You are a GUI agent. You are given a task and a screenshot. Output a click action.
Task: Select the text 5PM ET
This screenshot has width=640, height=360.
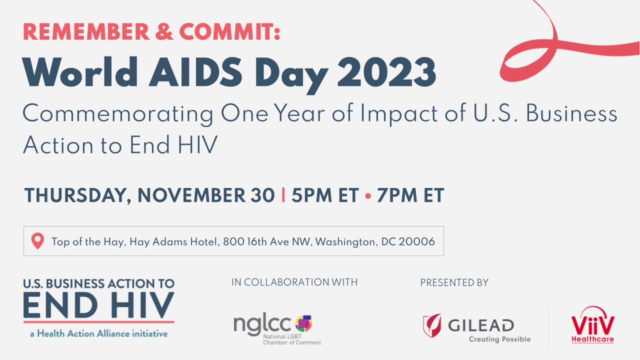coord(325,195)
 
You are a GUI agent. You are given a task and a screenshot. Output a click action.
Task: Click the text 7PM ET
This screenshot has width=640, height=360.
coord(410,195)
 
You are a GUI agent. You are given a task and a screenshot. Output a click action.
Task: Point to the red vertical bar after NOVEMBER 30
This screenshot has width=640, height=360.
coord(283,195)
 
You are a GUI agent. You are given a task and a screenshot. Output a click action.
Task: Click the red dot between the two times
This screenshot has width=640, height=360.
coord(368,196)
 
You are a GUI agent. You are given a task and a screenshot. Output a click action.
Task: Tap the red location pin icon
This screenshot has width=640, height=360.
coord(37,241)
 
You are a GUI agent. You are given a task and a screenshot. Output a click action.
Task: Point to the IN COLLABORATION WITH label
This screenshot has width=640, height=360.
coord(294,282)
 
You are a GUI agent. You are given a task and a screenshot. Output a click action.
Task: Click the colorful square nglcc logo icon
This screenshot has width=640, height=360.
coord(303,323)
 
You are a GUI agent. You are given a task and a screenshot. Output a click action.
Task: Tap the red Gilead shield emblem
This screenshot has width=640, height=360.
coord(432,324)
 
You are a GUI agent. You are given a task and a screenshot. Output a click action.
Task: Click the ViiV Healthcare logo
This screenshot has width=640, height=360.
coord(593,325)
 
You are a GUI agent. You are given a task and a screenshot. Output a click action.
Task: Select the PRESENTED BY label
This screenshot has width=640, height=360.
coord(454,282)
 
